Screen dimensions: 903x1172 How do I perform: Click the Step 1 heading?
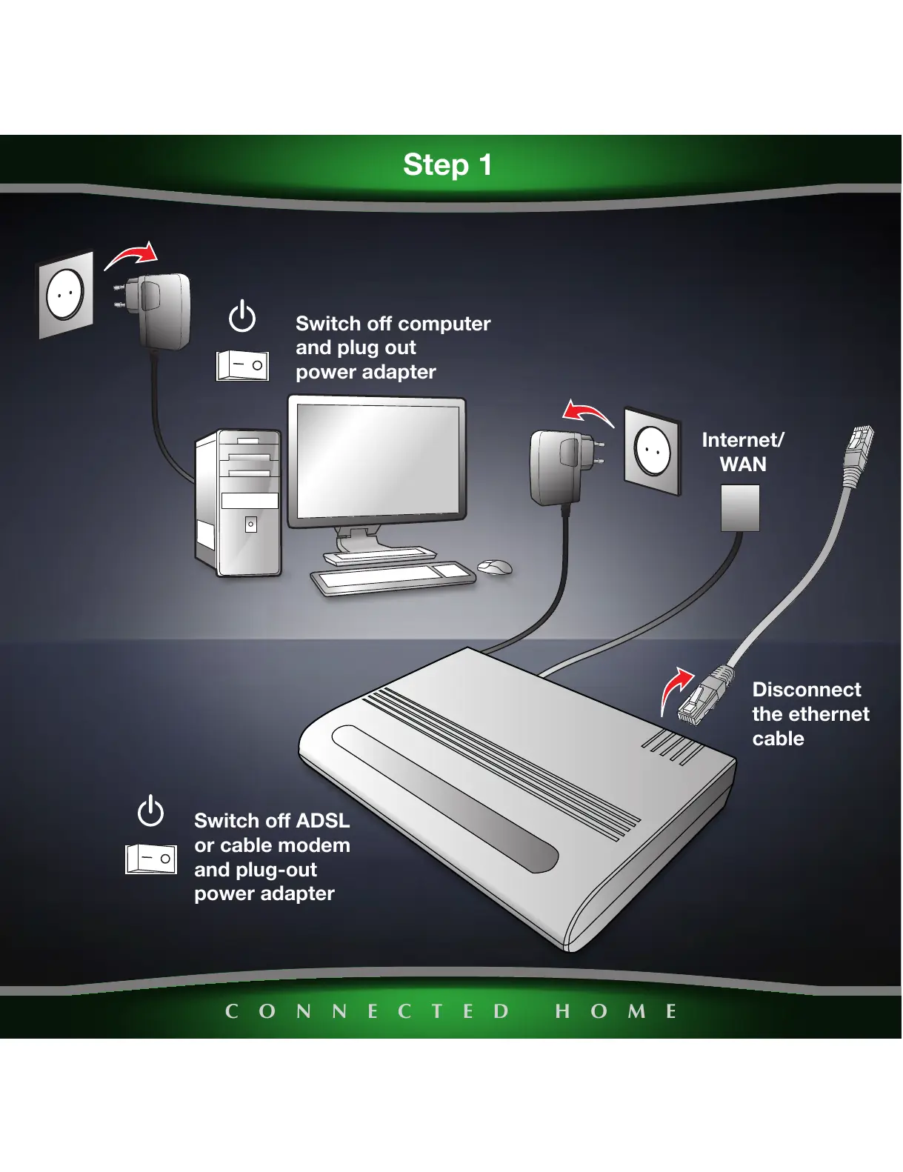point(447,164)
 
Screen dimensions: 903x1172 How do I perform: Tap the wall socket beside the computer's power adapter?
point(66,294)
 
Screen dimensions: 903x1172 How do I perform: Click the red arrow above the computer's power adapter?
point(133,255)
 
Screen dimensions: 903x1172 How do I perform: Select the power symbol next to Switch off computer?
point(242,316)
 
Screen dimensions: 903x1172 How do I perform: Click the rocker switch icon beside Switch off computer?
point(242,365)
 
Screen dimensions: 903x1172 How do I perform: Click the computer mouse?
point(495,567)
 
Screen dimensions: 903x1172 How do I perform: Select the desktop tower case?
point(239,503)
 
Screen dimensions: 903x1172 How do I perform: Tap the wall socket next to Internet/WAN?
point(653,450)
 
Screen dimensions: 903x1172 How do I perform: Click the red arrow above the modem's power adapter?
point(587,412)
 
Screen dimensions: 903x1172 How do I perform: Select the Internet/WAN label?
point(743,452)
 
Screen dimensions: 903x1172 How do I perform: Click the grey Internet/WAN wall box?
point(740,507)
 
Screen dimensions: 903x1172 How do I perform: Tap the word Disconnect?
point(807,690)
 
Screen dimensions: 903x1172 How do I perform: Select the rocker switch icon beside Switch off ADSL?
point(151,859)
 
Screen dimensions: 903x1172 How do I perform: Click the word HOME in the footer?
point(616,1011)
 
